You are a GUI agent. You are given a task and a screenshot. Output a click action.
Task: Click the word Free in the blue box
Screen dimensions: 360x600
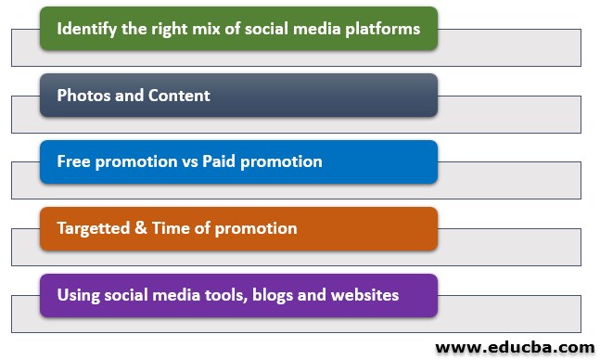[74, 161]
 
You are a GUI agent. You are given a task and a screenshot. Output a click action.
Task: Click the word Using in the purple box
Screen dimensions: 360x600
[78, 295]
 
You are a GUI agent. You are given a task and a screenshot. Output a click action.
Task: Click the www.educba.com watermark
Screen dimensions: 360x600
[515, 347]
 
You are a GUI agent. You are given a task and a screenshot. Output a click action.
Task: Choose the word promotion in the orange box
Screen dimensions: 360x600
[256, 228]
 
